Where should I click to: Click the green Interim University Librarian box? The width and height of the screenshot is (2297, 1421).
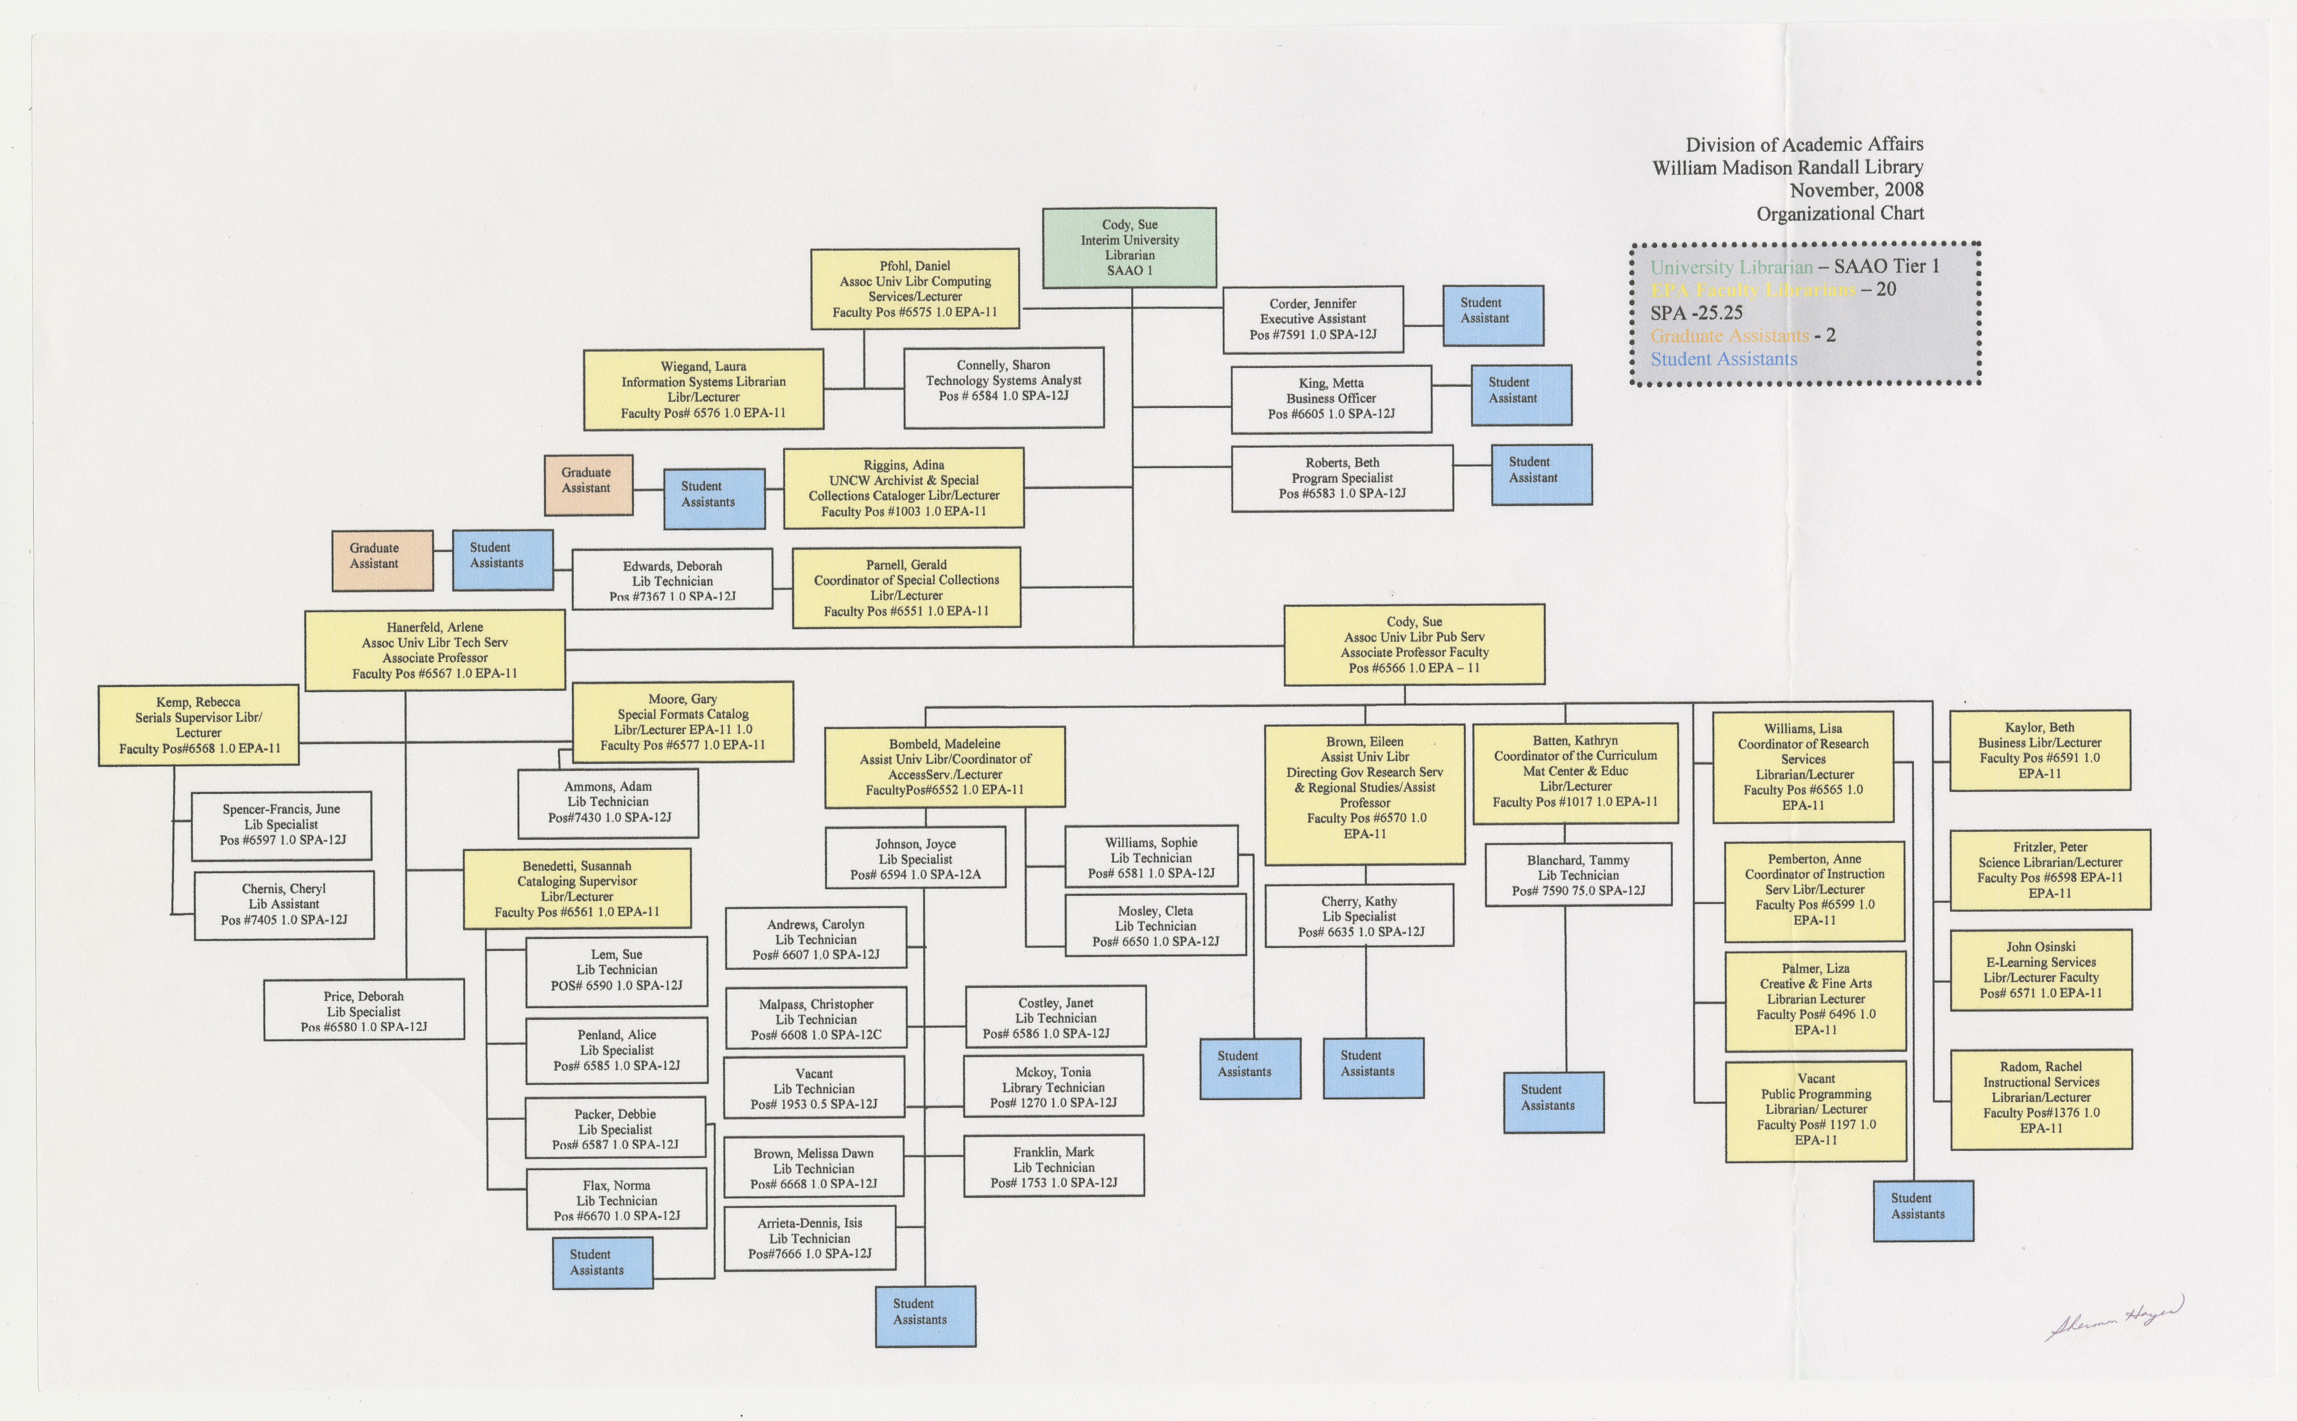(1129, 247)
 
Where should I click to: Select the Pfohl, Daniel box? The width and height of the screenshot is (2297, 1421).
(915, 288)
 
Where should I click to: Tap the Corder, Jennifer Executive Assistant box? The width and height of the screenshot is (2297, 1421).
(1312, 320)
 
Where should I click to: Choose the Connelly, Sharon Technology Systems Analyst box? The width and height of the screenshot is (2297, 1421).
(1003, 387)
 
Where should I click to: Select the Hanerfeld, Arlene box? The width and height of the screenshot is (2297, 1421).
(435, 649)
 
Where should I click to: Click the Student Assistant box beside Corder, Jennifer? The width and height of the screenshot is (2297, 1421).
(1492, 315)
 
